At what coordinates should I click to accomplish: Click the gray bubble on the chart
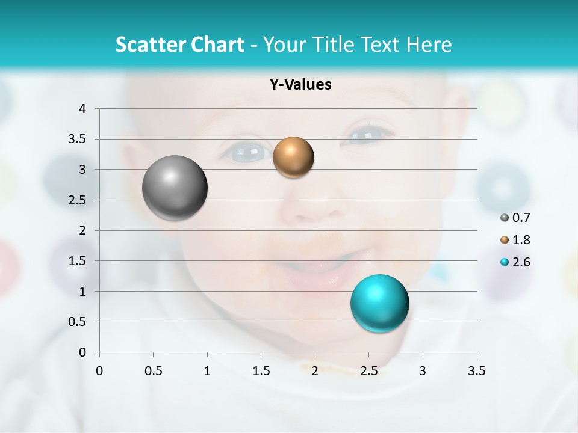point(175,188)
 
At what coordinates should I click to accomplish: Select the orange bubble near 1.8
point(293,158)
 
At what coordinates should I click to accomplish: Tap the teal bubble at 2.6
point(379,304)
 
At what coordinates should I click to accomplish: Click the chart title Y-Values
point(300,85)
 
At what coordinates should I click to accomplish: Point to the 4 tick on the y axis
point(82,109)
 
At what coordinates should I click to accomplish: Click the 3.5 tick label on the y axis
point(78,140)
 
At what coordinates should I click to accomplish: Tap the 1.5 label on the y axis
point(78,261)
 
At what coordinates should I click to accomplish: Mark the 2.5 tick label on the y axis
point(78,200)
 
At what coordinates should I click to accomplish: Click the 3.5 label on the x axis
point(476,371)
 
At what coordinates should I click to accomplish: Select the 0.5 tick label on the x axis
point(153,371)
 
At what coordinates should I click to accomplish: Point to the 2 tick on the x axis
point(315,371)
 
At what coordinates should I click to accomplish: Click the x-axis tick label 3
point(423,371)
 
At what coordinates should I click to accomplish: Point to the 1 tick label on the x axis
point(207,371)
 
